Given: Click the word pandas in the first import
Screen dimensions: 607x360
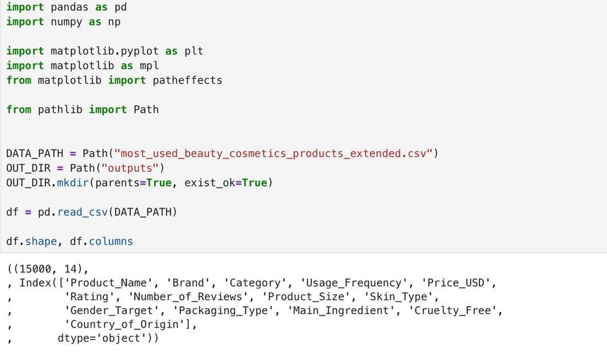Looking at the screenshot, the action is tap(69, 7).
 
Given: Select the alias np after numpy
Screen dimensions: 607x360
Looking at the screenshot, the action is tap(114, 22).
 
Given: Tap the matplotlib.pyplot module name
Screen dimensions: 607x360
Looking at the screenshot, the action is tap(105, 51).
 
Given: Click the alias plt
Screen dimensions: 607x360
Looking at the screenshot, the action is tap(194, 51).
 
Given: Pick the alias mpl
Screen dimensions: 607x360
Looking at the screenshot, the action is tap(149, 66).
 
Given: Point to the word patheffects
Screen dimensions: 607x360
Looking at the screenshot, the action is tap(187, 80).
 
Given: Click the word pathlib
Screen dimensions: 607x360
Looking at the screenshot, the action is tap(60, 109).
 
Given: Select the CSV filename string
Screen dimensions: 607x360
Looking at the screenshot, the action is tap(273, 154).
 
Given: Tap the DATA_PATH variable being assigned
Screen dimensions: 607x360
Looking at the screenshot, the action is tap(34, 154).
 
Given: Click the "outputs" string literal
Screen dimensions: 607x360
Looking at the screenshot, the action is tap(130, 169).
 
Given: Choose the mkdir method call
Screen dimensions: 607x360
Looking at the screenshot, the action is tap(73, 183).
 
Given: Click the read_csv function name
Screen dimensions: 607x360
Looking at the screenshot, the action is tap(82, 212).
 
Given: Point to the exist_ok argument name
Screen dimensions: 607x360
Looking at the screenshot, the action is tap(210, 183).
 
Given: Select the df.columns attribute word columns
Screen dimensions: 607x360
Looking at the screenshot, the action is tap(111, 241).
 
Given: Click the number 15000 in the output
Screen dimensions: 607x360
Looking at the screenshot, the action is tap(35, 269).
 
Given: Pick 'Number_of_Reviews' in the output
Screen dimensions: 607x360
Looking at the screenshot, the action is tap(187, 297).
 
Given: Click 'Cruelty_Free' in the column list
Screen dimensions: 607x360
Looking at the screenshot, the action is tap(452, 311).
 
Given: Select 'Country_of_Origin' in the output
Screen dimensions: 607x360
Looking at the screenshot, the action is tap(125, 324).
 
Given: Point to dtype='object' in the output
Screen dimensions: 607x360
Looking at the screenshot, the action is tap(105, 338).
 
